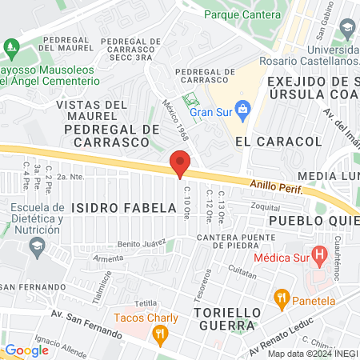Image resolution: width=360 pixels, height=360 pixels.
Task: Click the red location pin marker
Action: pyautogui.click(x=180, y=162)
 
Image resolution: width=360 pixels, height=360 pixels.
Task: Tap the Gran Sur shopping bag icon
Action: pyautogui.click(x=245, y=108)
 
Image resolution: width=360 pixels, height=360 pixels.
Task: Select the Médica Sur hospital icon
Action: pyautogui.click(x=319, y=258)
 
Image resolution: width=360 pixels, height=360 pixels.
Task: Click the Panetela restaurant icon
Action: pyautogui.click(x=280, y=298)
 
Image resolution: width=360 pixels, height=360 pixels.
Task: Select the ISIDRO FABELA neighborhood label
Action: pyautogui.click(x=123, y=207)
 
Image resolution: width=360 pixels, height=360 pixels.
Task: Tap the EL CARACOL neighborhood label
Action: pyautogui.click(x=278, y=141)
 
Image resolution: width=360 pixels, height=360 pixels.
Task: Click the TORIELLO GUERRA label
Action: pyautogui.click(x=225, y=318)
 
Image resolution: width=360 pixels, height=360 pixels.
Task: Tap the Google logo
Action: pyautogui.click(x=26, y=350)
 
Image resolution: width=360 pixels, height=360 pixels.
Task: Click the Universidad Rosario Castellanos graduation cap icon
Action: pyautogui.click(x=347, y=30)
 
